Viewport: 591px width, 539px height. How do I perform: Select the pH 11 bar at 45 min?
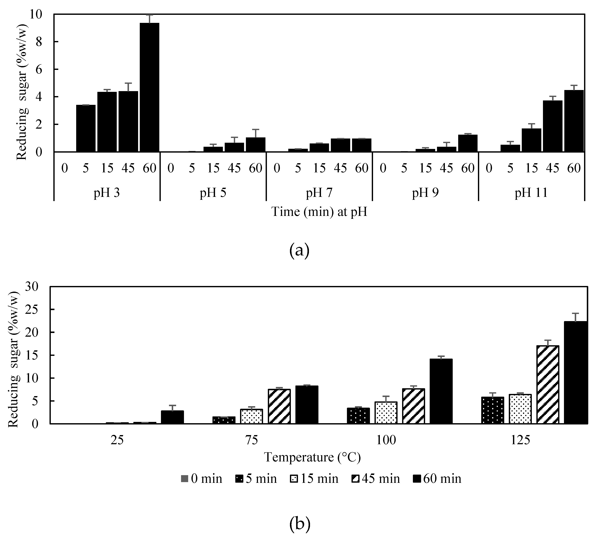coord(553,126)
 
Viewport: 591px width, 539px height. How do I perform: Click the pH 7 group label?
coord(319,193)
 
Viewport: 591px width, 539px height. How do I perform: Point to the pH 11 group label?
coord(531,193)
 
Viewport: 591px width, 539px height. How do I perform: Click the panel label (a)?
coord(299,250)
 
